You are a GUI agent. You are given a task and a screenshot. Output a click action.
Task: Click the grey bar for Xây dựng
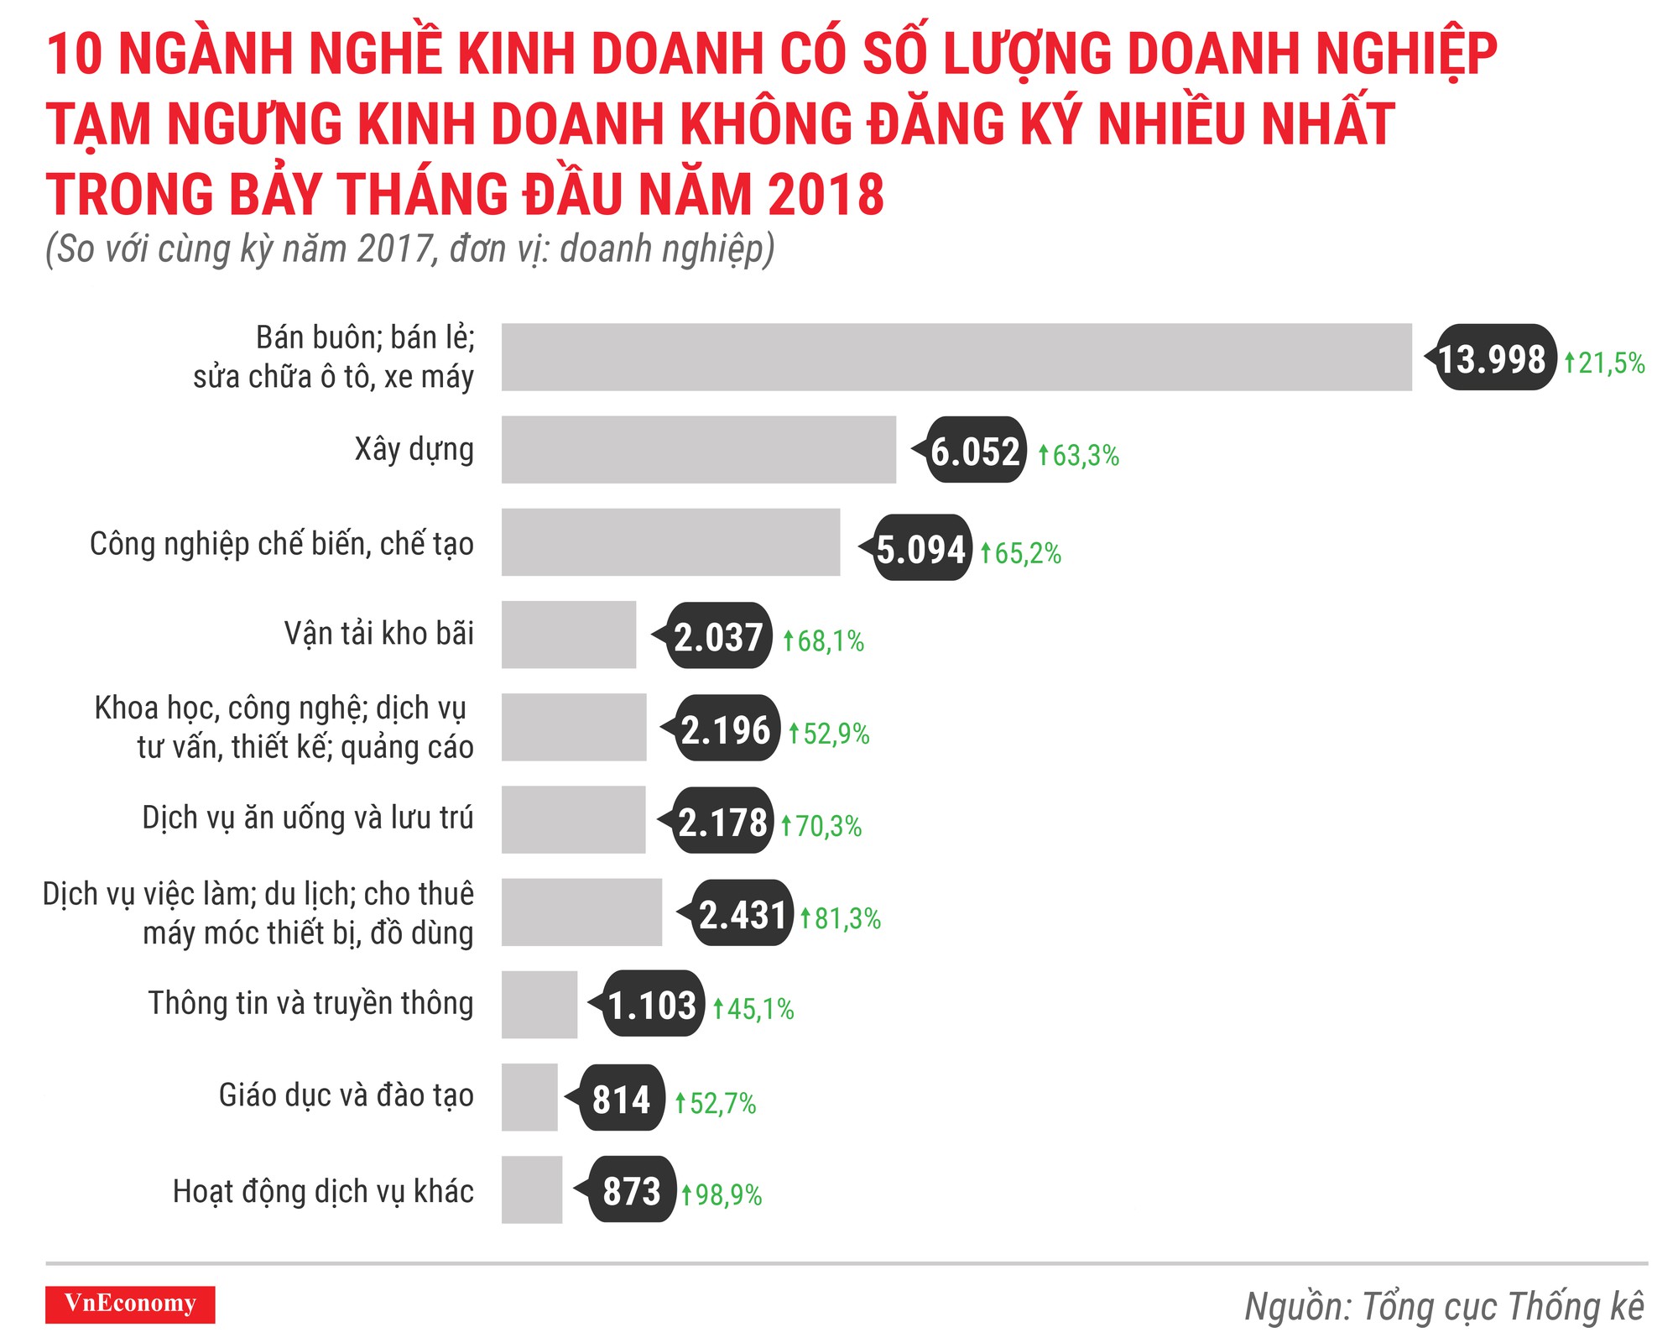click(x=698, y=449)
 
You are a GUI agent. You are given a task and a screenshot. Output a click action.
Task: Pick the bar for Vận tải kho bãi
click(x=569, y=635)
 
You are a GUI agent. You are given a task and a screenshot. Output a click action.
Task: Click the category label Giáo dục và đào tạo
click(x=346, y=1095)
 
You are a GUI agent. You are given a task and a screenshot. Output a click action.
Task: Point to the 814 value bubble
click(x=621, y=1098)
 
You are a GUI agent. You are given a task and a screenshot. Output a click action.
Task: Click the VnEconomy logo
click(x=130, y=1304)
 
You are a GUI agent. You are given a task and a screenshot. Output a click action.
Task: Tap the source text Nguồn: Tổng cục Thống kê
click(x=1443, y=1306)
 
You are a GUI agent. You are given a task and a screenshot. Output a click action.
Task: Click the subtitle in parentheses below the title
click(x=409, y=248)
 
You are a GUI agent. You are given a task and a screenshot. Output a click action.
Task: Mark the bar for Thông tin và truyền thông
click(x=539, y=1004)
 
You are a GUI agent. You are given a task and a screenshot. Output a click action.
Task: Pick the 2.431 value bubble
click(x=743, y=913)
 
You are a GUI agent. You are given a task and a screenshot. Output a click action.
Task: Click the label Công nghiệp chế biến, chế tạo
click(x=282, y=544)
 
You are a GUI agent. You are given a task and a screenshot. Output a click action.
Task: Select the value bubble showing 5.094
click(x=920, y=548)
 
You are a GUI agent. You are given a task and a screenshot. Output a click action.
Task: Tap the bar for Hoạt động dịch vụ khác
click(x=532, y=1189)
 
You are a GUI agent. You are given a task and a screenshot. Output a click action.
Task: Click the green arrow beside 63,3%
click(x=1043, y=455)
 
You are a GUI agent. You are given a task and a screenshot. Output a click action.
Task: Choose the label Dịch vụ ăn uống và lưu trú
click(x=307, y=817)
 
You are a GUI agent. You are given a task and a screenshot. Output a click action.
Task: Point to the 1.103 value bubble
click(x=652, y=1004)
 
